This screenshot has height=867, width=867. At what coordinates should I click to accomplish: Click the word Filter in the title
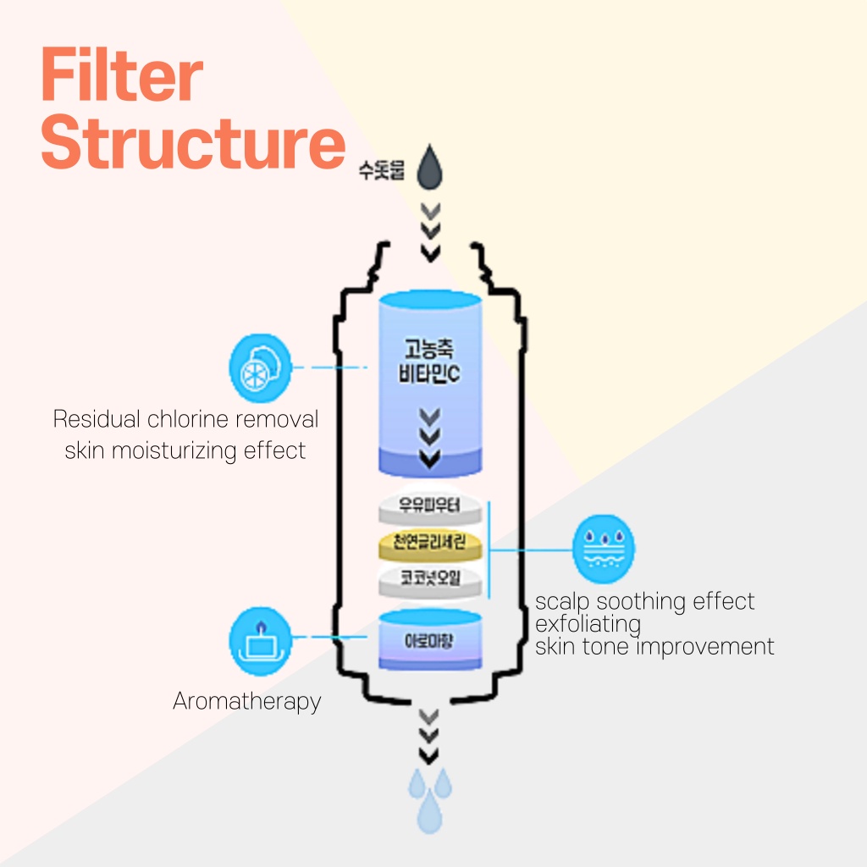[x=122, y=76]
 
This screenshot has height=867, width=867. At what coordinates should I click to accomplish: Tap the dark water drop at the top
[x=431, y=168]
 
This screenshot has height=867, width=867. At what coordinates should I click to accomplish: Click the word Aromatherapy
[x=246, y=701]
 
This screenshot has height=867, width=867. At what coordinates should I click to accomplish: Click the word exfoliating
[x=588, y=624]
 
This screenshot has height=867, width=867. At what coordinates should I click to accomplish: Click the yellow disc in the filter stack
[x=431, y=543]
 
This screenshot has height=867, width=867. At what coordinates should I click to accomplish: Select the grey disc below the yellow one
[x=431, y=579]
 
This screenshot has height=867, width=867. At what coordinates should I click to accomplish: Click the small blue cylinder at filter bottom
[x=430, y=640]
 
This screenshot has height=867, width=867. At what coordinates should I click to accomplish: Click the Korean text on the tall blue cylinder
[x=430, y=362]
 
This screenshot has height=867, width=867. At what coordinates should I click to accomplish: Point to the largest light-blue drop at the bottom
[x=430, y=811]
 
